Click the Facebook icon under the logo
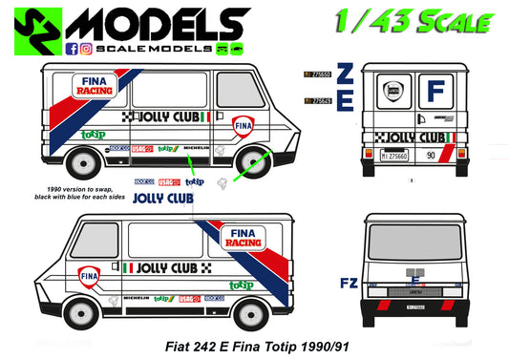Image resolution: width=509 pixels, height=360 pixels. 72,47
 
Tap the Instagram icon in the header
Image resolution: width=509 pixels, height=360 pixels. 84,47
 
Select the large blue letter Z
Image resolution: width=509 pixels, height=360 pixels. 346,74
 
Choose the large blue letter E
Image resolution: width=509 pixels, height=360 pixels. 346,100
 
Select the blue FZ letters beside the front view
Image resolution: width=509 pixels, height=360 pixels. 350,284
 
